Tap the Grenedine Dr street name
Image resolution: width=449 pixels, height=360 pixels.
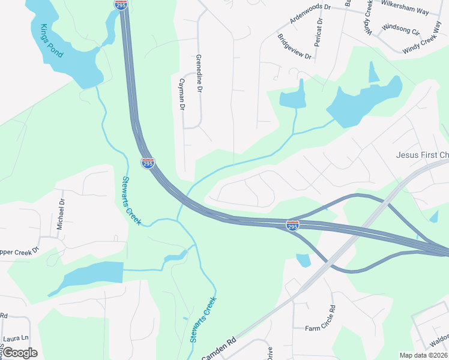(199, 73)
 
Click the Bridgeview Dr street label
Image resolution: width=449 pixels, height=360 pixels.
(295, 46)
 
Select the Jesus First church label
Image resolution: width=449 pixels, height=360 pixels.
(423, 155)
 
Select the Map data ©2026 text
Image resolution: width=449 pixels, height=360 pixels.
(423, 355)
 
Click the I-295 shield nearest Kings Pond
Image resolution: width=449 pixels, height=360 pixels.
(121, 4)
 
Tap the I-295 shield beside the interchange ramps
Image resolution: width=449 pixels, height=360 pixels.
(292, 225)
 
